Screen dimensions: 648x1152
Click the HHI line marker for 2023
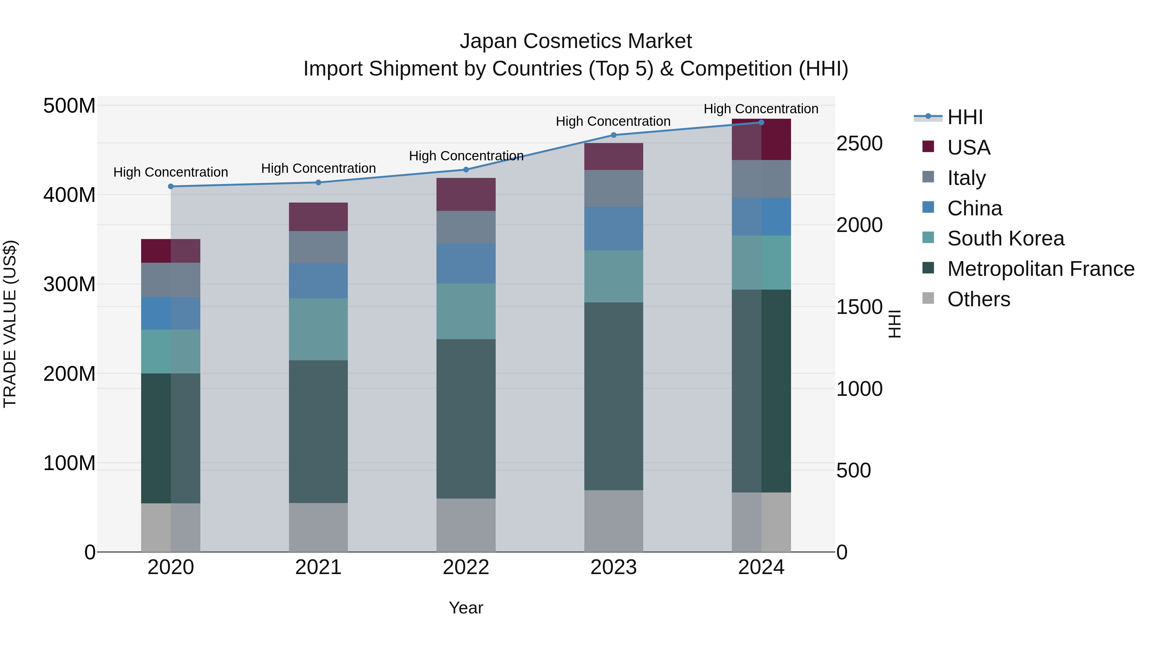point(613,135)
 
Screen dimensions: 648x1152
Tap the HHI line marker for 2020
point(171,187)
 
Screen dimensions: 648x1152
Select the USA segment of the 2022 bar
point(466,195)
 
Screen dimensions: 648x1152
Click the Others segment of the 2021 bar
point(318,527)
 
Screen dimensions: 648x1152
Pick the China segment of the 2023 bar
point(613,228)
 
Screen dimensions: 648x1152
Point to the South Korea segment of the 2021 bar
point(318,329)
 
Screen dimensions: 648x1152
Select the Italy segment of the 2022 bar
point(466,227)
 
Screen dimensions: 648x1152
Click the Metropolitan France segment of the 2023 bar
point(613,396)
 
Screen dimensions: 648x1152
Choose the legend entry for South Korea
point(1005,238)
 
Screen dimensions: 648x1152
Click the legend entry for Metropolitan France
point(1041,269)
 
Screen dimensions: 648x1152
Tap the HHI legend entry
point(964,117)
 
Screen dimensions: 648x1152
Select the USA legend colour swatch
point(928,147)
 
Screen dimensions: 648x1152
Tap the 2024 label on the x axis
point(761,567)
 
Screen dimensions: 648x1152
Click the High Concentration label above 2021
point(318,169)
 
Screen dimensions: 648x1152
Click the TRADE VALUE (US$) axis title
point(10,324)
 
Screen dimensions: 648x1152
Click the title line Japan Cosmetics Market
point(576,41)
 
